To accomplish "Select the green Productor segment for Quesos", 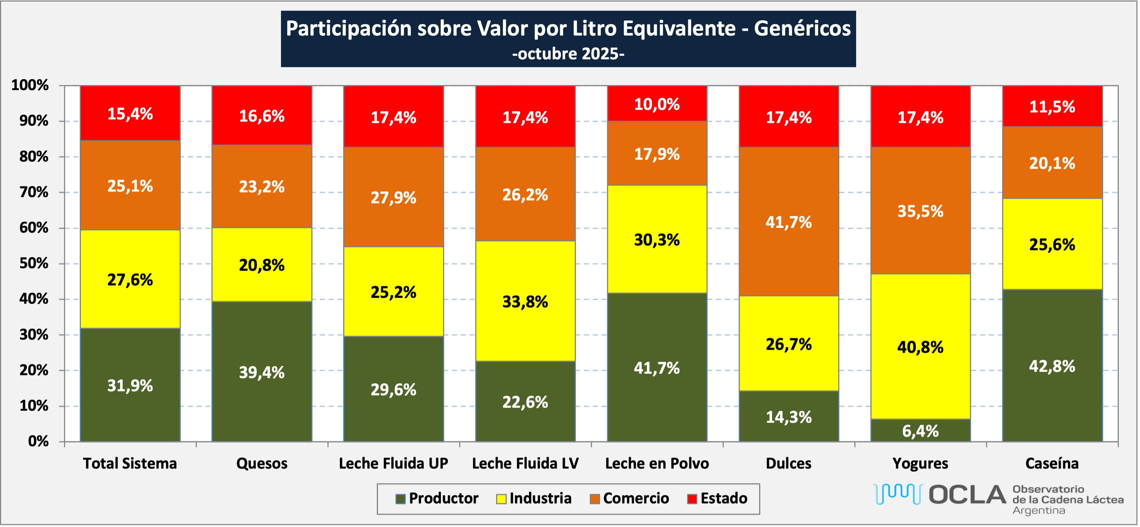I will [262, 398].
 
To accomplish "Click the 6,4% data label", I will [920, 431].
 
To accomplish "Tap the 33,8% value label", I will [525, 302].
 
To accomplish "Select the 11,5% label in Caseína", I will [1051, 107].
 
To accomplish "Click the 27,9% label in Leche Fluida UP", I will [393, 197].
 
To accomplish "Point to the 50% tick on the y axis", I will [34, 264].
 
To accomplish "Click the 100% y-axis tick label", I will [30, 85].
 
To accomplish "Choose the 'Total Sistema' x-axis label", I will [130, 463].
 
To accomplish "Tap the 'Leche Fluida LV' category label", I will [525, 463].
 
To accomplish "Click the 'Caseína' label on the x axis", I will [1051, 463].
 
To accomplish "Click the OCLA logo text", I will [967, 495].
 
